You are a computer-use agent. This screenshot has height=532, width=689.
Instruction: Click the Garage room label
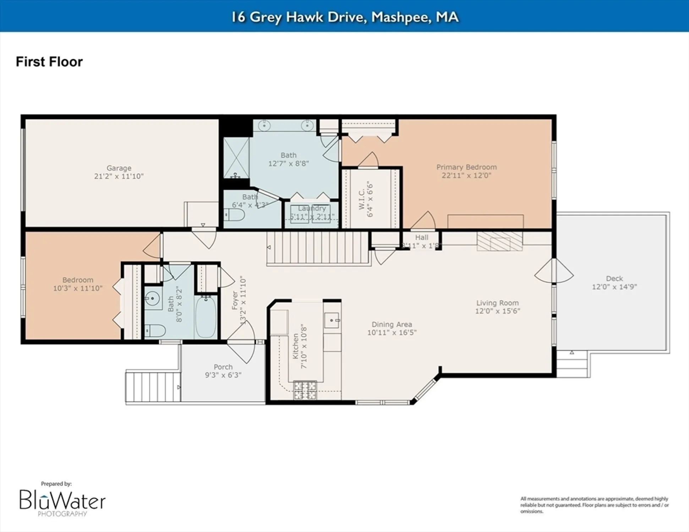tap(119, 168)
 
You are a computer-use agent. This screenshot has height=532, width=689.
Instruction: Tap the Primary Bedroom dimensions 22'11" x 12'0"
tap(466, 176)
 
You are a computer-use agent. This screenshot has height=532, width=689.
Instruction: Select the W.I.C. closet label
tap(362, 199)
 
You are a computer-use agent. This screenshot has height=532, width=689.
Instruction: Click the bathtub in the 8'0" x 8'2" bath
tap(206, 317)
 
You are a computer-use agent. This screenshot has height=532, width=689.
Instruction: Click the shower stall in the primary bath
tap(236, 158)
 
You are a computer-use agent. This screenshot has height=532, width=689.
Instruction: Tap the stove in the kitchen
tap(305, 390)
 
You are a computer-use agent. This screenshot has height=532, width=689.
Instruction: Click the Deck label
tap(614, 278)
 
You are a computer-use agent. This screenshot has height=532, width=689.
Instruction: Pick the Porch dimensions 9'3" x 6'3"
tap(223, 375)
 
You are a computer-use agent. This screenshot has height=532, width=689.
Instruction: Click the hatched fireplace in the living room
tap(499, 242)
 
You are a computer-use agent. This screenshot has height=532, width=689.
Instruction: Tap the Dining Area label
tap(392, 324)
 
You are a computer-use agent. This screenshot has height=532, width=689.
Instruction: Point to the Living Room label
tap(497, 303)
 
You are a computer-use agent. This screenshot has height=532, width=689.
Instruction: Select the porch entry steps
tap(153, 387)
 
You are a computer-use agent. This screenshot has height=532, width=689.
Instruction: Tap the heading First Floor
tap(49, 62)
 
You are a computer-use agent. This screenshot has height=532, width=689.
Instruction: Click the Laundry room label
tap(312, 208)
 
